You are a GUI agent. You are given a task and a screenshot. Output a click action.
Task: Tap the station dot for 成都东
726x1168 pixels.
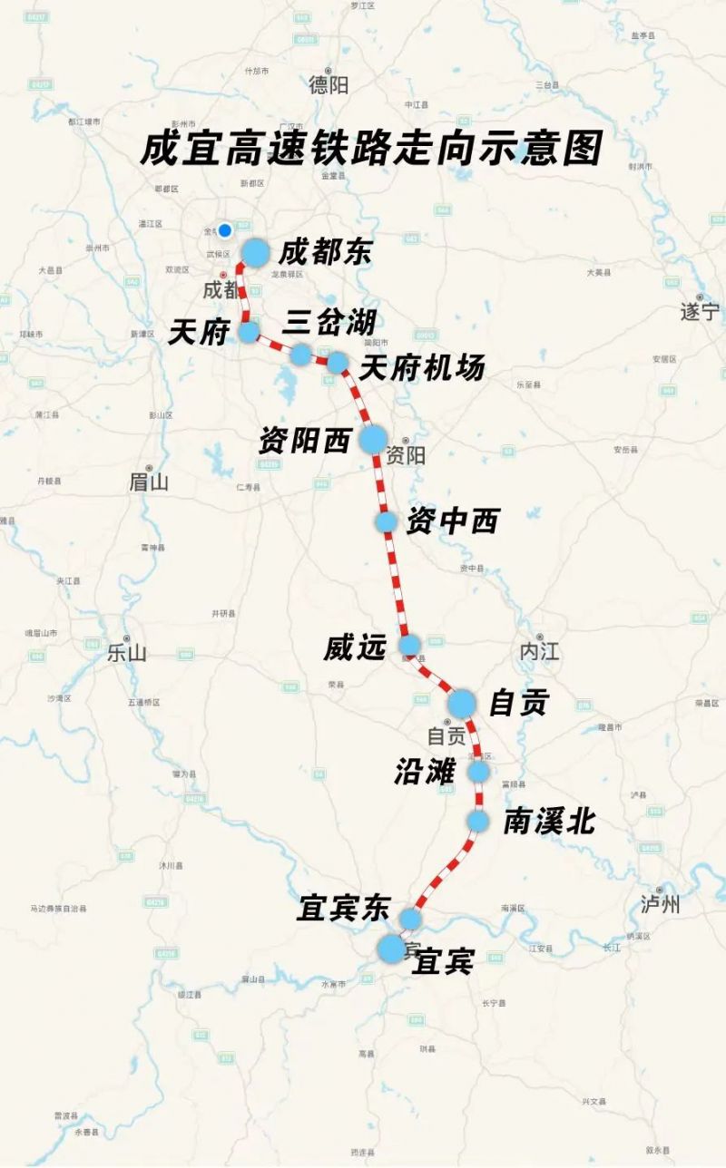tap(255, 253)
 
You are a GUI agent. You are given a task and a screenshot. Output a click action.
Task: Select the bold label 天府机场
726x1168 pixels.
tap(422, 367)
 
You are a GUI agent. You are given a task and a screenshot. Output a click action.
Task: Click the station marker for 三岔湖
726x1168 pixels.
tap(300, 354)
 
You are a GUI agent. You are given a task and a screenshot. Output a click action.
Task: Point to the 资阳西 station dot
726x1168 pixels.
tap(372, 440)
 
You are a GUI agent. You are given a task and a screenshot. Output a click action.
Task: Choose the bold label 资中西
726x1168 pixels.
tap(453, 521)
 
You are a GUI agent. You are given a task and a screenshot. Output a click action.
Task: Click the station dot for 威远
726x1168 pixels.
tap(410, 645)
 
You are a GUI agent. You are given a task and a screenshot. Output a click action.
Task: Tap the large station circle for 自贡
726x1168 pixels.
tap(461, 703)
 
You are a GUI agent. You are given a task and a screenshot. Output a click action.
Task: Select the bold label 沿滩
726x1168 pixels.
tap(424, 772)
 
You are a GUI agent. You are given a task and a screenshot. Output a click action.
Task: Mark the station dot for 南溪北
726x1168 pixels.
tap(478, 821)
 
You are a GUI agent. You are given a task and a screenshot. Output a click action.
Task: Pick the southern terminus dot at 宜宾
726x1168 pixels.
tap(392, 949)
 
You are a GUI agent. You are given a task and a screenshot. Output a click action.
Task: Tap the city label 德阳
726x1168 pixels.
tap(328, 85)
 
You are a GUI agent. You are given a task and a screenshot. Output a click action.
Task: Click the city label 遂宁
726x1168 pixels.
tap(700, 312)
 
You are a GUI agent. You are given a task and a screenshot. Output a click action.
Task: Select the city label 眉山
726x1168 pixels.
tap(149, 482)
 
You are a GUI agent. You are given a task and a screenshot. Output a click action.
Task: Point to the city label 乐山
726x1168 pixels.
tap(126, 652)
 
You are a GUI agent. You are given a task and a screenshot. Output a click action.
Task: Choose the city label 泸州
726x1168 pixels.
tap(660, 904)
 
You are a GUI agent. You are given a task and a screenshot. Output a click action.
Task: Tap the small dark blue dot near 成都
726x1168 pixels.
tap(225, 230)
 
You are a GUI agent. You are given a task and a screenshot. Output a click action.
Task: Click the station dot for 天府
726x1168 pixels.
tap(249, 332)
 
